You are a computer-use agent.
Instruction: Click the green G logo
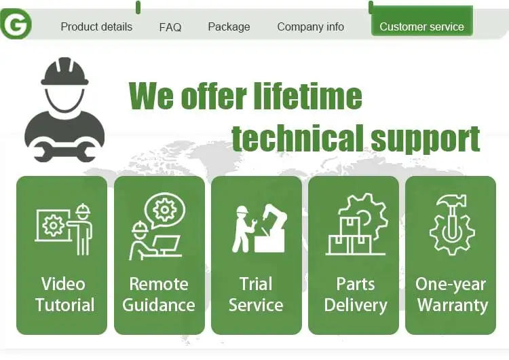tap(16, 24)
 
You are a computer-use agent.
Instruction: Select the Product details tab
tap(96, 27)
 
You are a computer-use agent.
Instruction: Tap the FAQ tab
tap(170, 27)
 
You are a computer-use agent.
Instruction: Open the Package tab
tap(229, 27)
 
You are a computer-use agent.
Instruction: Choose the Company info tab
tap(310, 27)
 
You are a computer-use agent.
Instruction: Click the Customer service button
tap(421, 27)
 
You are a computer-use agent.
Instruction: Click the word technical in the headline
tap(297, 139)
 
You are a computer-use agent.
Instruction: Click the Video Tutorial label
tap(64, 294)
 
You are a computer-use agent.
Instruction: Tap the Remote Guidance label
tap(159, 294)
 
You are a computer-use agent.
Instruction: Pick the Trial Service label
tap(256, 294)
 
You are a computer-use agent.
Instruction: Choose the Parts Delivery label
tap(355, 294)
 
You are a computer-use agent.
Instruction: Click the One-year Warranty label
tap(451, 294)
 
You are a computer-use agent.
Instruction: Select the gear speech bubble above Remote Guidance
tap(165, 211)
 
